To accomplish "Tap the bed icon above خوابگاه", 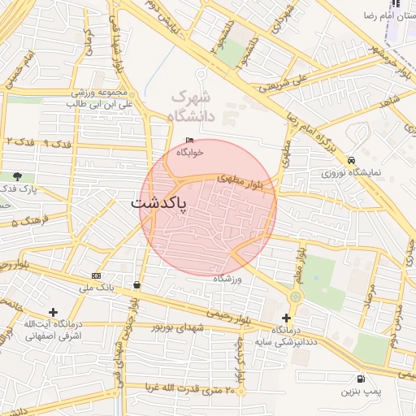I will [x=189, y=140].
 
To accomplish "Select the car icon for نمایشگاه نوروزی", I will [x=351, y=160].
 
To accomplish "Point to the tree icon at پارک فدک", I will [x=17, y=175].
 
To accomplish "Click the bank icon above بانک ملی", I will [x=97, y=275].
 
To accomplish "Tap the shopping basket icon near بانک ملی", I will [x=136, y=284].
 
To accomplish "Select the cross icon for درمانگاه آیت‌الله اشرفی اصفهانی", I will [x=53, y=312].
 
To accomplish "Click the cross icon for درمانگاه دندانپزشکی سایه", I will [x=285, y=318].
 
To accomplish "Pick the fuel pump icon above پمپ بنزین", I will [x=360, y=379].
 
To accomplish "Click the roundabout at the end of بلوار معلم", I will [x=295, y=297].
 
